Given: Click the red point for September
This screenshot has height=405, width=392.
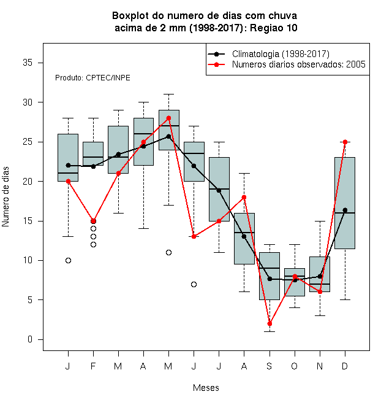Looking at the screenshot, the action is pyautogui.click(x=269, y=323).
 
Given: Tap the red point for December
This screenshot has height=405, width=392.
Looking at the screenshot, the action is pyautogui.click(x=345, y=142).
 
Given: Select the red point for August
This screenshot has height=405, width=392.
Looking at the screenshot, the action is pyautogui.click(x=244, y=198).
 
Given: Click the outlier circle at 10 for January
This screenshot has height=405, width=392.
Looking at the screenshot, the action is pyautogui.click(x=68, y=260).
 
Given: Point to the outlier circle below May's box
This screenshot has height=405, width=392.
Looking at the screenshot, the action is pyautogui.click(x=168, y=252).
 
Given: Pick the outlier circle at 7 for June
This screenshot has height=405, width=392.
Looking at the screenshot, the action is pyautogui.click(x=194, y=284).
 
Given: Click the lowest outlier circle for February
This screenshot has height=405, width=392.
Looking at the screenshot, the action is pyautogui.click(x=93, y=244).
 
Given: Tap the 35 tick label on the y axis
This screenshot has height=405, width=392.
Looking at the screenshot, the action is pyautogui.click(x=28, y=63).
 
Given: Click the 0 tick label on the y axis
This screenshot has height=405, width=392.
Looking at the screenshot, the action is pyautogui.click(x=30, y=339).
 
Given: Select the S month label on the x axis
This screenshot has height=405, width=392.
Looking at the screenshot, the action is pyautogui.click(x=269, y=366).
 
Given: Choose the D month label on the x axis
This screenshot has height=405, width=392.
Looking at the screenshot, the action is pyautogui.click(x=345, y=366).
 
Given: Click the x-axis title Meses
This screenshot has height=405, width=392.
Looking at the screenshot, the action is pyautogui.click(x=206, y=388).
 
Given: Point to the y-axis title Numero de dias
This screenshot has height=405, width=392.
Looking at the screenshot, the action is pyautogui.click(x=6, y=197).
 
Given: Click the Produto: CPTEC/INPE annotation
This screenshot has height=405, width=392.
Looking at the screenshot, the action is pyautogui.click(x=92, y=78).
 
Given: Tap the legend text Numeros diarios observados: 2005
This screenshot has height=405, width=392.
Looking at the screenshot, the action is pyautogui.click(x=299, y=64).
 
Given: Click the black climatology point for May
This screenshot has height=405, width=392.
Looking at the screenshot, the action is pyautogui.click(x=168, y=136).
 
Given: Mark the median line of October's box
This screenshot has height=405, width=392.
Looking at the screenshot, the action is pyautogui.click(x=295, y=276).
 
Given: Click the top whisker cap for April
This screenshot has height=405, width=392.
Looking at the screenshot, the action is pyautogui.click(x=144, y=102).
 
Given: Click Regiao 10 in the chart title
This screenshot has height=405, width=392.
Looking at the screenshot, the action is pyautogui.click(x=274, y=28).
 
